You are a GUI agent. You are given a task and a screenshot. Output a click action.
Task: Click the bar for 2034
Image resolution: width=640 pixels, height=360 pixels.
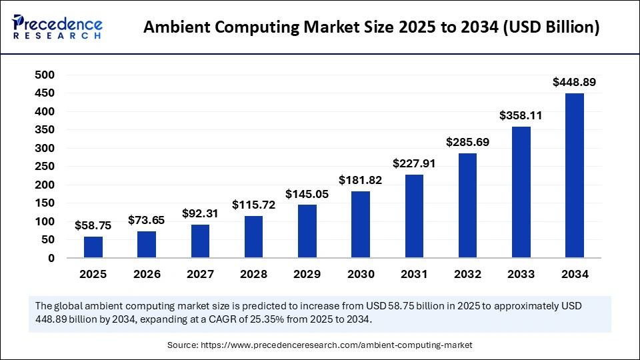pyautogui.click(x=574, y=175)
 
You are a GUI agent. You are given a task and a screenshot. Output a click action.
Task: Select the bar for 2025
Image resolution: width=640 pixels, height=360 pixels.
pyautogui.click(x=93, y=247)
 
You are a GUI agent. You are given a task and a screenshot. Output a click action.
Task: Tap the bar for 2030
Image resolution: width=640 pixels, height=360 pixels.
pyautogui.click(x=361, y=225)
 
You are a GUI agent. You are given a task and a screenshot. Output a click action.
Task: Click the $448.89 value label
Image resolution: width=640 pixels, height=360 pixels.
pyautogui.click(x=574, y=83)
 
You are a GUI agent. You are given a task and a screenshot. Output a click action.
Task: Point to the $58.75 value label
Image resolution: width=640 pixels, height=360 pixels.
pyautogui.click(x=93, y=226)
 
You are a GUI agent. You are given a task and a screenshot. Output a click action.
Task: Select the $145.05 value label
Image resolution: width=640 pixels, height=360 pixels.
pyautogui.click(x=307, y=194)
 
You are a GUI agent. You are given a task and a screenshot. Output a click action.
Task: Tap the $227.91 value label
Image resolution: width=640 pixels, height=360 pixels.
pyautogui.click(x=414, y=164)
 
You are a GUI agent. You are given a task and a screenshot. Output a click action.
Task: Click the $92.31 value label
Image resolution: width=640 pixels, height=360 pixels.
pyautogui.click(x=200, y=214)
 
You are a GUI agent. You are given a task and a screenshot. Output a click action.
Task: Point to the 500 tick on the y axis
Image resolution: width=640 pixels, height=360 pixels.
pyautogui.click(x=45, y=75)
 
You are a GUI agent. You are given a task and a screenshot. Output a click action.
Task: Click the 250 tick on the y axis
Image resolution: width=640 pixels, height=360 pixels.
pyautogui.click(x=45, y=167)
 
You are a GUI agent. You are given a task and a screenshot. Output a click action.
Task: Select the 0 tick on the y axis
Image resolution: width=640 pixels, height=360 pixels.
pyautogui.click(x=51, y=258)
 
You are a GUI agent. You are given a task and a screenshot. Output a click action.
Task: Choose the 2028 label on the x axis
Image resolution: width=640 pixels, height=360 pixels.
pyautogui.click(x=253, y=274)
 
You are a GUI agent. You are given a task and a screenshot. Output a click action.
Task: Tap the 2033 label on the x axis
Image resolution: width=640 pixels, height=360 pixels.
pyautogui.click(x=521, y=274)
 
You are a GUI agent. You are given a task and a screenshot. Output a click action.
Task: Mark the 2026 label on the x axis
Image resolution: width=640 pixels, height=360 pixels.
pyautogui.click(x=147, y=274)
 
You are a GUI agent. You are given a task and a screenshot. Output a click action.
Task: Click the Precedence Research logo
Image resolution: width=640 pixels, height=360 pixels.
pyautogui.click(x=57, y=27)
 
